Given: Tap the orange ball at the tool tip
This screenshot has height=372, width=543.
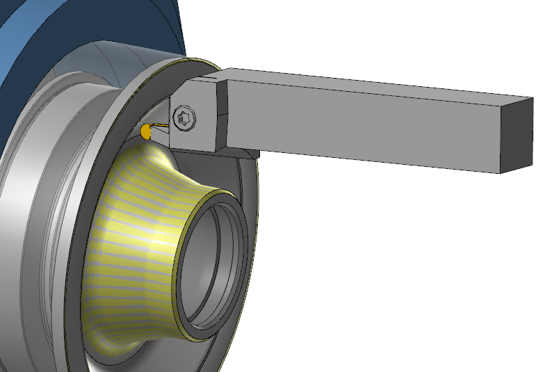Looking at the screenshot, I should [x=146, y=130].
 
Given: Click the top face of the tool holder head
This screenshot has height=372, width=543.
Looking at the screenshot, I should [x=202, y=80].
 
